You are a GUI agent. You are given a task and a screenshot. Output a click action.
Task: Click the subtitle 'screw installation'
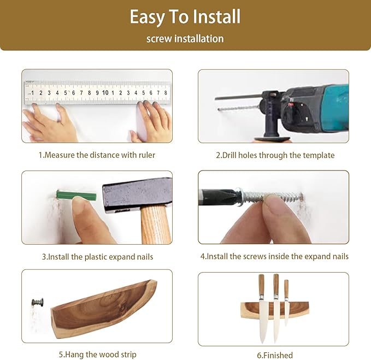pyautogui.click(x=185, y=39)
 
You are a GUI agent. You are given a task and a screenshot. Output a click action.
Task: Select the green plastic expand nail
pyautogui.click(x=76, y=196)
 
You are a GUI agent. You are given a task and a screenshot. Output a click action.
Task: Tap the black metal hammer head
pyautogui.click(x=137, y=192)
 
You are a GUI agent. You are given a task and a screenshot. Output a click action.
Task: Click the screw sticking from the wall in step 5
pyautogui.click(x=39, y=302)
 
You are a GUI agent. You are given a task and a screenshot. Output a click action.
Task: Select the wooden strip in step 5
pyautogui.click(x=104, y=309)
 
